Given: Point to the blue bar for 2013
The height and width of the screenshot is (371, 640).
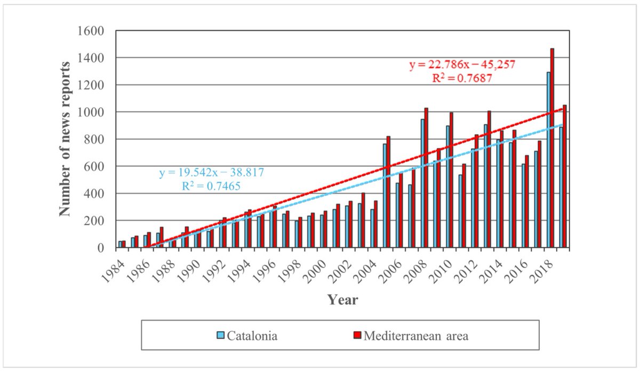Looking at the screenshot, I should (x=485, y=186).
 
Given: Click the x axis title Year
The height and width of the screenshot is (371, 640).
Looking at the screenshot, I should (x=342, y=300).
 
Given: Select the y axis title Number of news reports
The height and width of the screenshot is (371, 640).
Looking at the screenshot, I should (x=65, y=139).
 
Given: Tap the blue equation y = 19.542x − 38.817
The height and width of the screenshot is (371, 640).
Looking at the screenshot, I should (x=212, y=173).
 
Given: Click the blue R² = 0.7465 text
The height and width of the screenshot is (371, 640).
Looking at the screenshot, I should (x=212, y=185).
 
